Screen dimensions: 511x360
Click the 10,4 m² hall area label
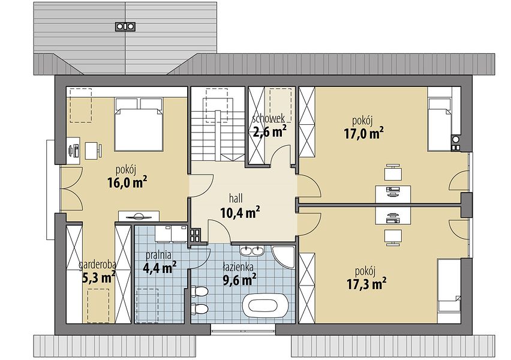pyautogui.click(x=240, y=213)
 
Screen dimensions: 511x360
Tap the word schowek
pyautogui.click(x=269, y=118)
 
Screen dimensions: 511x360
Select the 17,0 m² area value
pyautogui.click(x=363, y=133)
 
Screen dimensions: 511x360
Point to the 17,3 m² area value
pyautogui.click(x=366, y=284)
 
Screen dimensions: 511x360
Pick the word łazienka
pyautogui.click(x=238, y=267)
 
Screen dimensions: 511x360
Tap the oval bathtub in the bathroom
pyautogui.click(x=264, y=306)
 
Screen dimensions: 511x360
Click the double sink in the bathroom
pyautogui.click(x=252, y=250)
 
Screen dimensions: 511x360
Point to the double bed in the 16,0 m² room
pyautogui.click(x=139, y=124)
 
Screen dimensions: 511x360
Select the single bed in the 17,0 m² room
pyautogui.click(x=439, y=124)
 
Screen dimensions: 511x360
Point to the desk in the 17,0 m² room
pyautogui.click(x=393, y=194)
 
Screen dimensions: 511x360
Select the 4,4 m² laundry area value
pyautogui.click(x=160, y=268)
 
